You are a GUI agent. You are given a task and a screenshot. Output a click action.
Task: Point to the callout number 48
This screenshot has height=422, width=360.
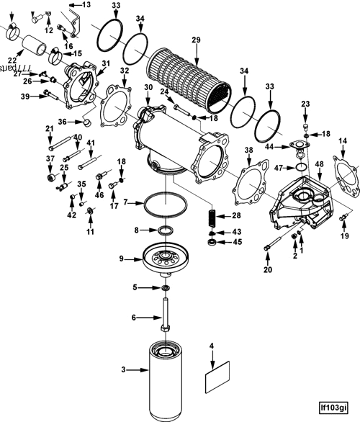click(319, 165)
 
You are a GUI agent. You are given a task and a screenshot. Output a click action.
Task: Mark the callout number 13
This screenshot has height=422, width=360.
click(87, 4)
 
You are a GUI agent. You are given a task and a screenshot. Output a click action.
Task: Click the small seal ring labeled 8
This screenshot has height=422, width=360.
click(166, 230)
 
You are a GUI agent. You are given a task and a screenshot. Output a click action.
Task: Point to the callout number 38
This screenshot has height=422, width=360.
click(248, 151)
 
